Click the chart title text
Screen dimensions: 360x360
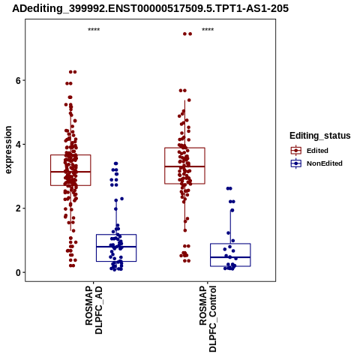click(150, 8)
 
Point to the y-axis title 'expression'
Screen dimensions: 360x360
click(8, 150)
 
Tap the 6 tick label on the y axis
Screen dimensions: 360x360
click(18, 80)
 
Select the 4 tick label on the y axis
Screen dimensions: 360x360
click(18, 145)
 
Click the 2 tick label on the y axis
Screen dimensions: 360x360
click(18, 208)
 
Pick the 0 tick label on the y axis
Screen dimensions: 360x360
click(18, 272)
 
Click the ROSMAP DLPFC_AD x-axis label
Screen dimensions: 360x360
click(94, 310)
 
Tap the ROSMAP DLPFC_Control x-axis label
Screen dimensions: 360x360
click(208, 319)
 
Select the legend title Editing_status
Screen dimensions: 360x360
click(320, 136)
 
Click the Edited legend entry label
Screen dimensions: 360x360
click(317, 151)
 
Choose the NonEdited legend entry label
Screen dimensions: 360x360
click(325, 163)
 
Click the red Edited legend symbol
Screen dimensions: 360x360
click(296, 151)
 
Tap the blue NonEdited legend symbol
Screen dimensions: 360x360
click(296, 163)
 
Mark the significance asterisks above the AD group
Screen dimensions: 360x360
click(94, 29)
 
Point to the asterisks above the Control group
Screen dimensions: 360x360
click(208, 29)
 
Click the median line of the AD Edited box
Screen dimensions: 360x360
click(70, 172)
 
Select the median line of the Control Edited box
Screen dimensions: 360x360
click(184, 166)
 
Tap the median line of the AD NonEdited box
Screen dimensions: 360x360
click(116, 247)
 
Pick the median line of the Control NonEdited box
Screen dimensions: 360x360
click(230, 257)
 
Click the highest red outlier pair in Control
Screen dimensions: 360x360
click(187, 34)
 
